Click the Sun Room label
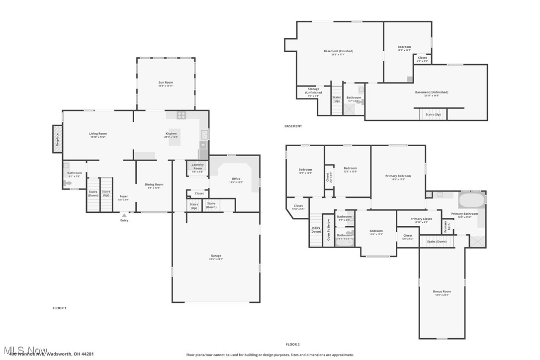[166, 83]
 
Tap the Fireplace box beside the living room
[58, 139]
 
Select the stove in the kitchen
[181, 115]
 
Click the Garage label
[216, 256]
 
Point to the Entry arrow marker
[124, 215]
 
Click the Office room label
[236, 179]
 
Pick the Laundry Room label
[197, 167]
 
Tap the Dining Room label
[154, 184]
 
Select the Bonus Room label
[442, 292]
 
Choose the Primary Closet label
[421, 219]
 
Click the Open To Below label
[328, 230]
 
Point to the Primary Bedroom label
[398, 176]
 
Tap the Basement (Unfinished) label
[431, 92]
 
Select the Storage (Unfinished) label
[313, 91]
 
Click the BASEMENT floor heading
[293, 126]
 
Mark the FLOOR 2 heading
[293, 344]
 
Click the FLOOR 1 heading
[59, 308]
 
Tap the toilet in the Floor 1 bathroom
[68, 183]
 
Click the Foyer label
[124, 196]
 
